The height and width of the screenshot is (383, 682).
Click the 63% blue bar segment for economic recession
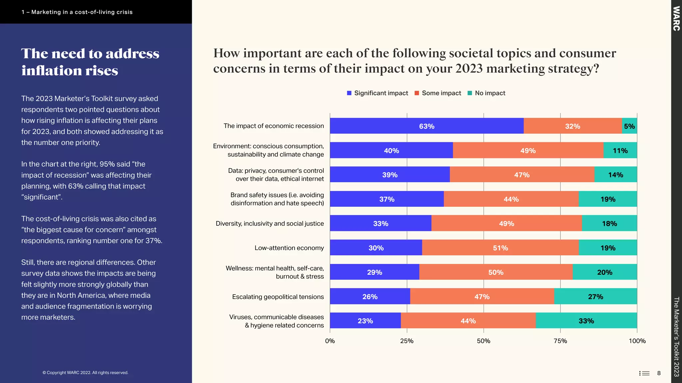pyautogui.click(x=427, y=126)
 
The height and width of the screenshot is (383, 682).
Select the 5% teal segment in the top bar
pyautogui.click(x=629, y=126)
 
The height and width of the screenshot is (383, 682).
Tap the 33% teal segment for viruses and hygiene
pyautogui.click(x=586, y=321)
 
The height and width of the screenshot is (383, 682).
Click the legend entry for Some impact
pyautogui.click(x=438, y=93)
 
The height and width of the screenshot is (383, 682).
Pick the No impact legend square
pyautogui.click(x=470, y=93)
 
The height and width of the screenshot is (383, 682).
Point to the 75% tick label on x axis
pyautogui.click(x=560, y=341)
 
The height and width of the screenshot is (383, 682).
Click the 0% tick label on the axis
pyautogui.click(x=330, y=341)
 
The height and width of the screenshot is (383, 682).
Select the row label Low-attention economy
pyautogui.click(x=289, y=248)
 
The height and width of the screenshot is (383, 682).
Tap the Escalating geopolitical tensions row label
pyautogui.click(x=278, y=297)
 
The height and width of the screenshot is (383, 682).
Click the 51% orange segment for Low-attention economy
pyautogui.click(x=500, y=248)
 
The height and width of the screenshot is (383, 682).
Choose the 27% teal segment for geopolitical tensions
pyautogui.click(x=595, y=297)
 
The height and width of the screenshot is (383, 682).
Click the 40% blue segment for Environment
pyautogui.click(x=391, y=151)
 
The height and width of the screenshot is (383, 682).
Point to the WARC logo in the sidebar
pyautogui.click(x=676, y=19)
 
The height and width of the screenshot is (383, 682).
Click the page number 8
pyautogui.click(x=659, y=373)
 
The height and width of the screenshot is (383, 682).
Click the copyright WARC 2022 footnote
pyautogui.click(x=85, y=373)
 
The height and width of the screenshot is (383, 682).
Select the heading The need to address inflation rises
pyautogui.click(x=90, y=62)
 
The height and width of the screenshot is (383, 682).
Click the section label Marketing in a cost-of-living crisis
pyautogui.click(x=77, y=12)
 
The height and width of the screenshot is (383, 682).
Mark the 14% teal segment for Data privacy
pyautogui.click(x=615, y=175)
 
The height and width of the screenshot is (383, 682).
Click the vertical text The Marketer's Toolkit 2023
pyautogui.click(x=676, y=336)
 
